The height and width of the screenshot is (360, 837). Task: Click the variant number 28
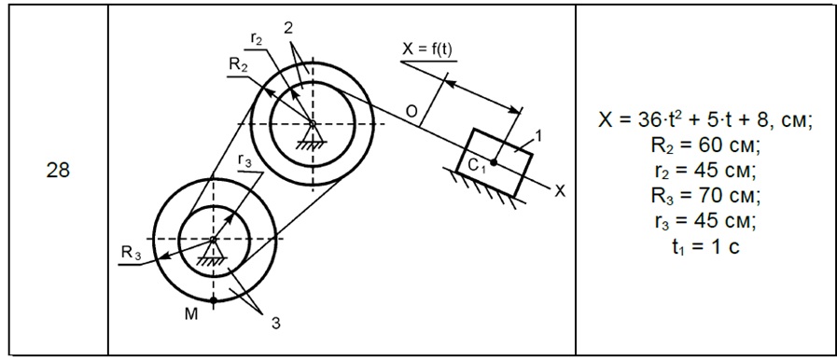coord(58,171)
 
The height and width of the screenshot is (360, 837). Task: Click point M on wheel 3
coord(214,300)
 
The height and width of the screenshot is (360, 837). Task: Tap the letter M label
coord(191,314)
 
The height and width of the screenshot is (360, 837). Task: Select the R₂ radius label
coord(238,65)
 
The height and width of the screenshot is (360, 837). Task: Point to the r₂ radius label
coord(257,38)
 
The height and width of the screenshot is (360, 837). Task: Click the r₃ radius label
coord(244,161)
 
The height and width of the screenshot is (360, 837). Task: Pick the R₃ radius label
coord(131,254)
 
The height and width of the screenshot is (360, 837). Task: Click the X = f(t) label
coord(426,49)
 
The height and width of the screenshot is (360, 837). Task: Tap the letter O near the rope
coord(411,112)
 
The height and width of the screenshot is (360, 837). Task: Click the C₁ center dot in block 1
coord(494,162)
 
